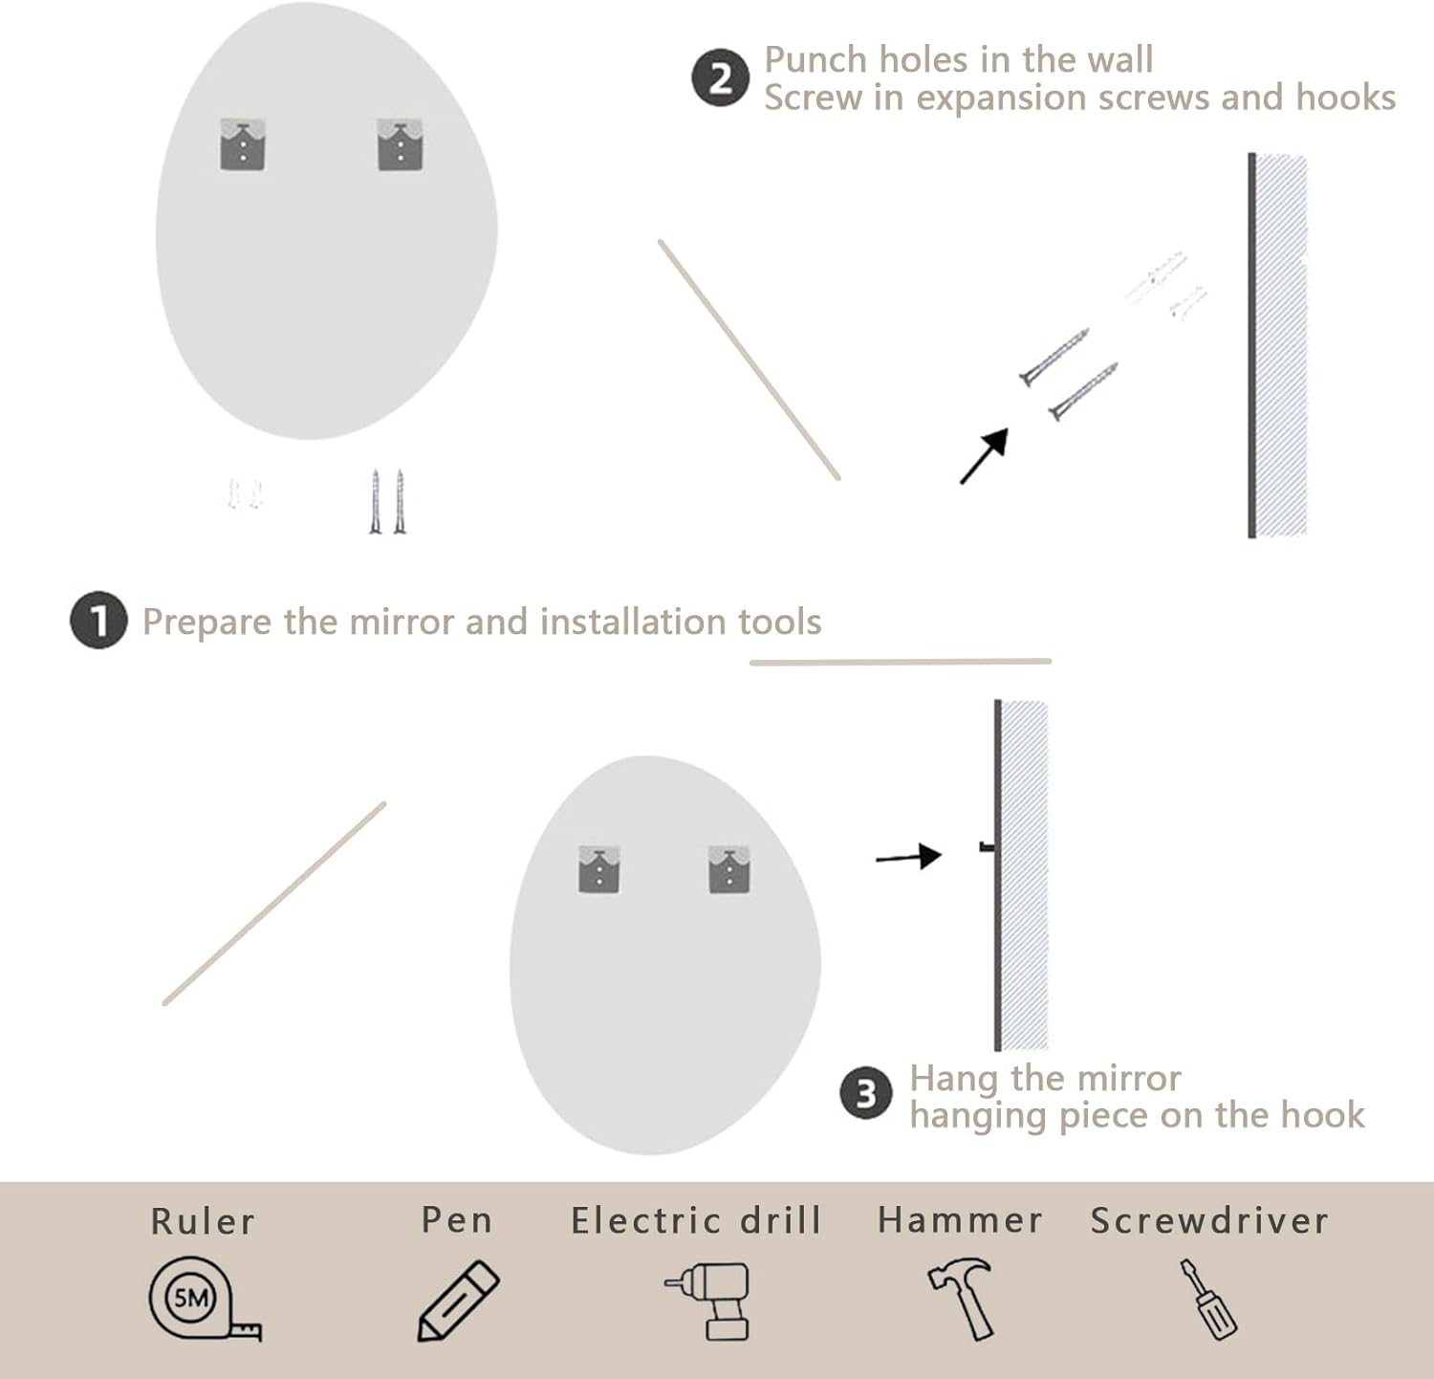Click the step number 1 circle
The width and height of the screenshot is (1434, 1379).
coord(98,621)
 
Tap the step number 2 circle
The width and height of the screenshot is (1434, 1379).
coord(720,77)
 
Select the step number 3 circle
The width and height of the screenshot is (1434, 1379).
coord(866,1094)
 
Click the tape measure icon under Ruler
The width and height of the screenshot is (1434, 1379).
coord(204,1300)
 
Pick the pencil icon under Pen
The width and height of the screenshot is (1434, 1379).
coord(459,1301)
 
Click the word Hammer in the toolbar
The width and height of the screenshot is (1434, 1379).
coord(960,1220)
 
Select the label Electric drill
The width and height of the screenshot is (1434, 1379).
coord(696,1221)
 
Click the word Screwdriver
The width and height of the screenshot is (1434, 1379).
coord(1209,1221)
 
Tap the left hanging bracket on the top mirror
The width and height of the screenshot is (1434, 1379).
coord(243,145)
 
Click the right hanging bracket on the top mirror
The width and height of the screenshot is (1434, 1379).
coord(400,145)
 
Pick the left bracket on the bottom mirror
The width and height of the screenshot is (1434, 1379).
coord(599,869)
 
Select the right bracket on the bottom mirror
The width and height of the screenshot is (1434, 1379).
coord(729,869)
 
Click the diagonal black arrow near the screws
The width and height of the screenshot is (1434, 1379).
coord(984,456)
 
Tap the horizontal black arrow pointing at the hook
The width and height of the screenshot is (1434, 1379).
coord(908,857)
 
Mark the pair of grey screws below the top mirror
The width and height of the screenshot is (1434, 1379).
coord(387,501)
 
